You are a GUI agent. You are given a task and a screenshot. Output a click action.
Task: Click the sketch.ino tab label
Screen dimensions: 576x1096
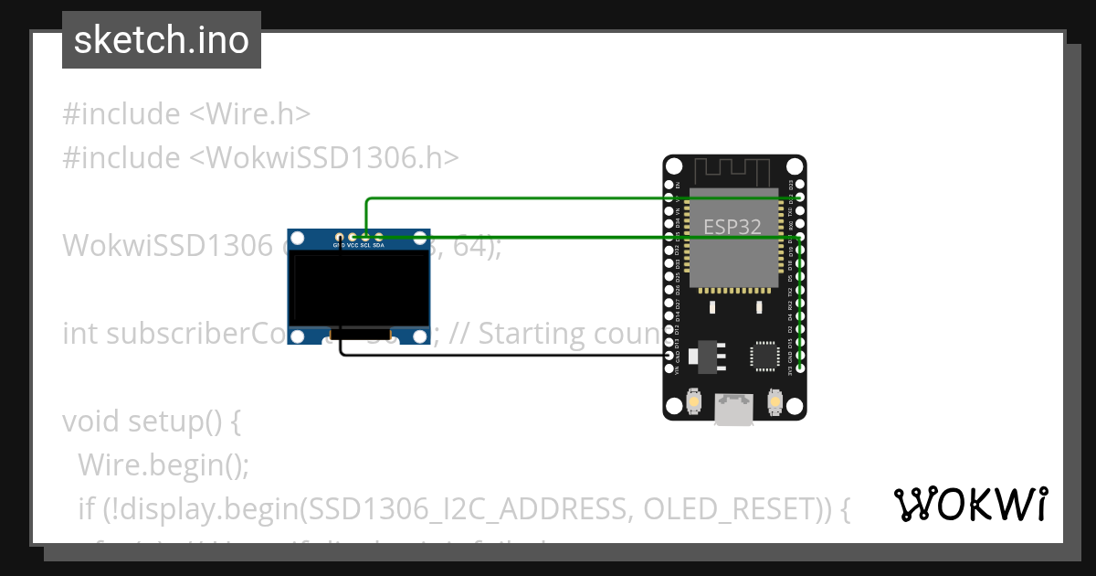pyautogui.click(x=162, y=40)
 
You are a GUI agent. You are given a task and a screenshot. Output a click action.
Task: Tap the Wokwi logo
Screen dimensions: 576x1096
pyautogui.click(x=970, y=504)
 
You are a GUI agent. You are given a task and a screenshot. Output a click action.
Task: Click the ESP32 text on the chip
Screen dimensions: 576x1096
pyautogui.click(x=732, y=227)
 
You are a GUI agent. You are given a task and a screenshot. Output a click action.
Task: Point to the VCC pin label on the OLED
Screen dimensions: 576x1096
pyautogui.click(x=353, y=246)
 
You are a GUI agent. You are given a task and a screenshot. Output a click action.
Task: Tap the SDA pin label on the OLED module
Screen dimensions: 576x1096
pyautogui.click(x=378, y=246)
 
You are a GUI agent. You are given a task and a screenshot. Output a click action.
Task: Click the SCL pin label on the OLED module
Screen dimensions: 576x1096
pyautogui.click(x=365, y=246)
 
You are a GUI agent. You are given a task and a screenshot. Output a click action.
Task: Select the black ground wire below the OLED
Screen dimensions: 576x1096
pyautogui.click(x=502, y=354)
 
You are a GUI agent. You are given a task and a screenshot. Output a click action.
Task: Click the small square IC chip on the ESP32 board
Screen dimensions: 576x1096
pyautogui.click(x=764, y=356)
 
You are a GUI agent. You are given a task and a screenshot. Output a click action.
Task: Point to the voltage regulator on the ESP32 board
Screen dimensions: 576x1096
pyautogui.click(x=705, y=357)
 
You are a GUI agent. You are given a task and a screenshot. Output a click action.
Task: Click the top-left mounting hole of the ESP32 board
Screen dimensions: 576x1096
pyautogui.click(x=673, y=166)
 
